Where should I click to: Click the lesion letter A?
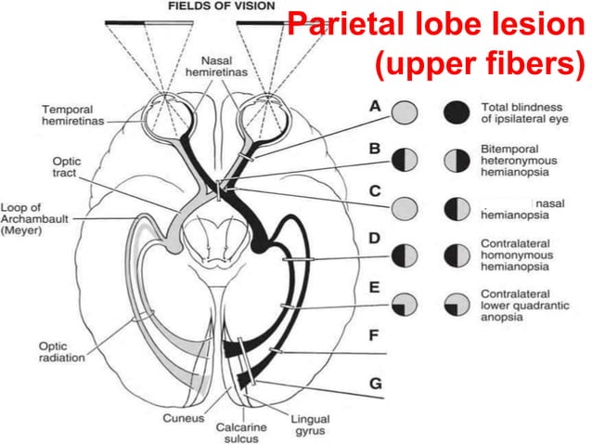click(375, 107)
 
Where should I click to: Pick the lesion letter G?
click(375, 382)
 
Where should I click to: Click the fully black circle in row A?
click(457, 113)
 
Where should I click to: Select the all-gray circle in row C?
click(404, 206)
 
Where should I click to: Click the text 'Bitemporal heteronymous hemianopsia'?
click(517, 160)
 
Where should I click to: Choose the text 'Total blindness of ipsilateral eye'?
click(519, 113)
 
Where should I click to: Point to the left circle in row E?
click(404, 304)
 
